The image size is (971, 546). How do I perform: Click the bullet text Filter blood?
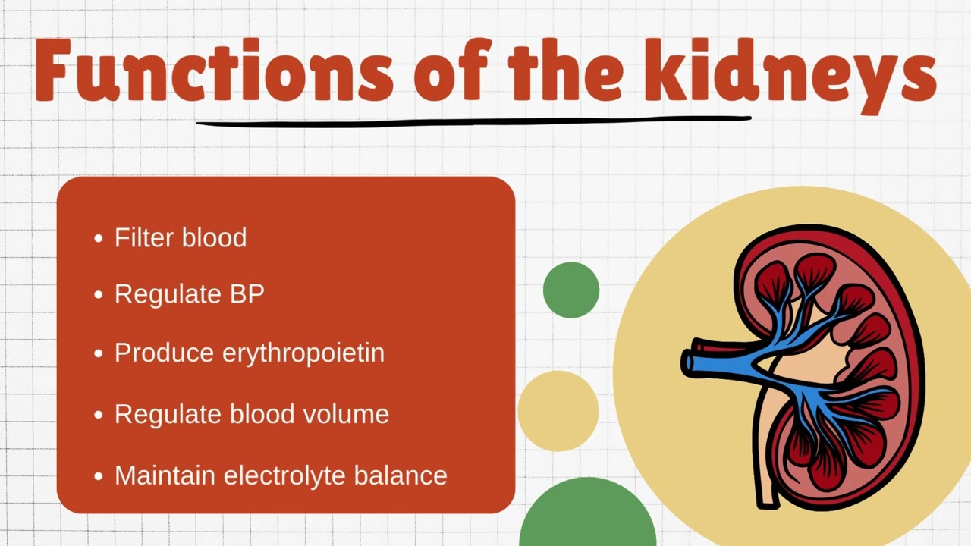coord(181,237)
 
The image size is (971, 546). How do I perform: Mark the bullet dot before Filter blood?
coord(98,239)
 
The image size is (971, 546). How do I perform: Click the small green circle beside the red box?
coord(571,290)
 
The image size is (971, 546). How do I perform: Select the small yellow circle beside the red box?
coord(558,410)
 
